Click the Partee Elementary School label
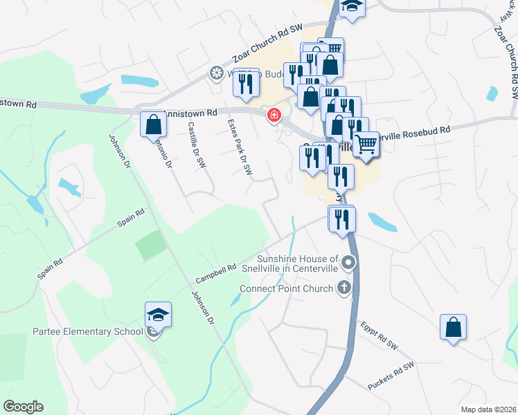tap(87, 331)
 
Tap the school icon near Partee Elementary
tap(158, 315)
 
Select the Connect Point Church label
tap(286, 288)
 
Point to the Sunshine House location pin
tap(348, 262)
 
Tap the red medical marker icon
tap(274, 115)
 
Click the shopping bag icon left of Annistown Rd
tap(153, 125)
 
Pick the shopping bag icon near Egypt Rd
tap(453, 327)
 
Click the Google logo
tap(23, 407)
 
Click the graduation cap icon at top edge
tap(352, 7)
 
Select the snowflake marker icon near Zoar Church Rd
tap(216, 73)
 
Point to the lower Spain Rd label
tap(51, 270)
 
